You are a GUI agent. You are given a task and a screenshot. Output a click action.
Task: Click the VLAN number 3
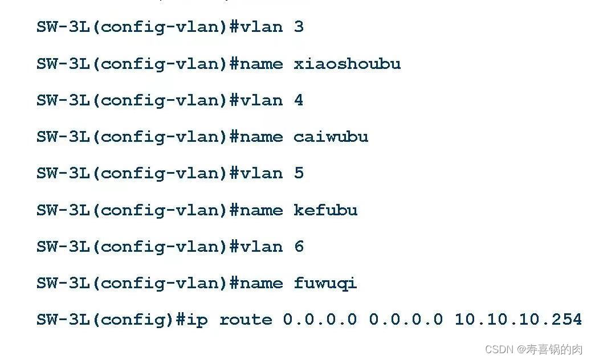(x=299, y=27)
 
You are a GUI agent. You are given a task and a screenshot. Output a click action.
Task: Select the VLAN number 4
(x=299, y=100)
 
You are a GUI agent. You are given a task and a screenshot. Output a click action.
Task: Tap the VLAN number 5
(x=299, y=173)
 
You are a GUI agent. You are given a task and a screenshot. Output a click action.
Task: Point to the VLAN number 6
(x=299, y=247)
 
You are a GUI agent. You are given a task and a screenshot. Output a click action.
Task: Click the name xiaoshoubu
(x=347, y=63)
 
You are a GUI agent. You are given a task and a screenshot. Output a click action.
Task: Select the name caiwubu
(x=331, y=137)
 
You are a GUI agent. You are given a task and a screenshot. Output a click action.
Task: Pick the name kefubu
(x=325, y=210)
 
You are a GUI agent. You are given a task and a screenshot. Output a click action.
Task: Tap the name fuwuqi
(x=325, y=284)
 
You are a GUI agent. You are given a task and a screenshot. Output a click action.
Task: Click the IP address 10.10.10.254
(x=517, y=320)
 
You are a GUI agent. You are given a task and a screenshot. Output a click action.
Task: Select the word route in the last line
(x=246, y=320)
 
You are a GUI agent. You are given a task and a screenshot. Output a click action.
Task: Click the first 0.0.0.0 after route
(x=320, y=320)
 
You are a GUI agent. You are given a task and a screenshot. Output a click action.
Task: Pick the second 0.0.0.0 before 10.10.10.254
(x=405, y=320)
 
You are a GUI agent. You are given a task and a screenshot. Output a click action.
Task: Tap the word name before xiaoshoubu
(x=261, y=63)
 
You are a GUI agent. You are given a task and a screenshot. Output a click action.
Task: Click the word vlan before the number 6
(x=261, y=247)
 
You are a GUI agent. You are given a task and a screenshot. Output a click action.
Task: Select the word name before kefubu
(x=261, y=210)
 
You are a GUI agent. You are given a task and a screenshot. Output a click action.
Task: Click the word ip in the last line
(x=198, y=320)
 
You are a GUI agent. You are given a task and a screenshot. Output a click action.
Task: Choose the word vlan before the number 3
(x=261, y=27)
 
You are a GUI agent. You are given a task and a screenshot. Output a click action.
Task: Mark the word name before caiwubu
(x=261, y=137)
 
